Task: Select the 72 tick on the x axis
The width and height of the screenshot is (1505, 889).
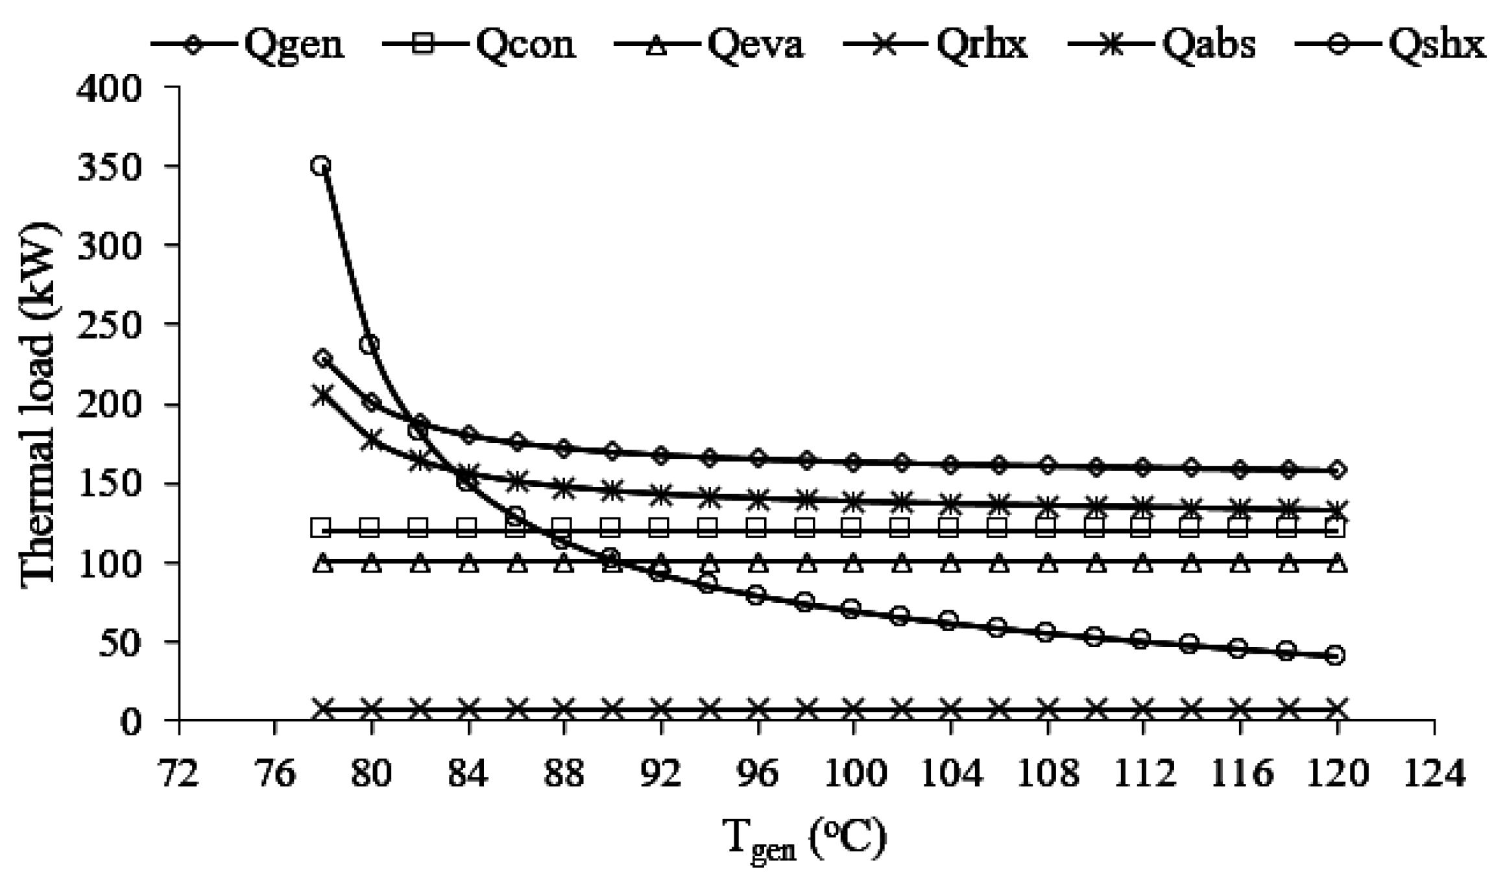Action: [x=179, y=775]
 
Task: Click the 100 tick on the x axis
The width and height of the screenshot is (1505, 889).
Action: [x=853, y=775]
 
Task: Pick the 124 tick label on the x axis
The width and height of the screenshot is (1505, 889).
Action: [x=1434, y=775]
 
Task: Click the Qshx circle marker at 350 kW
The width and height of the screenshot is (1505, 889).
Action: [x=320, y=165]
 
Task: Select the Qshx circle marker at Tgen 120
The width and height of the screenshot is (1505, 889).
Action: [x=1336, y=655]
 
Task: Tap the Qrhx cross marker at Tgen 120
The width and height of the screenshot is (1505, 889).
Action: [x=1336, y=709]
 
